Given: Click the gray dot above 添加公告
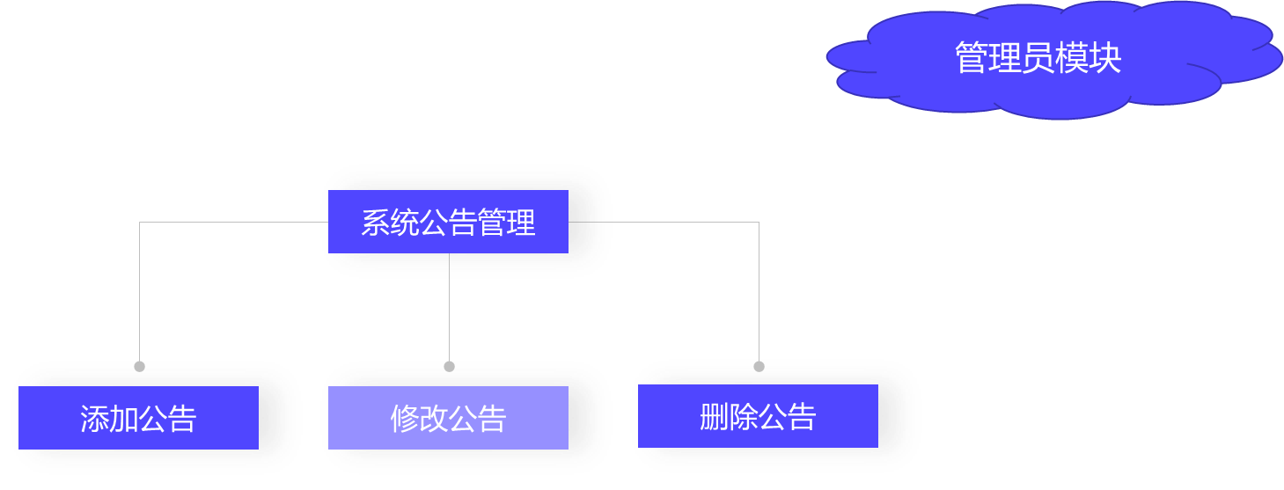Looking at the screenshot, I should coord(139,366).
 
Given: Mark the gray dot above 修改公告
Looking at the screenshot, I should coord(449,366).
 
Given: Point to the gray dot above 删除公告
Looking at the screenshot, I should coord(759,366).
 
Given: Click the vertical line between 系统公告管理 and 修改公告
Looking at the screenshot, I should coord(449,308).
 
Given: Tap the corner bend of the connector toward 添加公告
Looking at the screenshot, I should coord(139,223).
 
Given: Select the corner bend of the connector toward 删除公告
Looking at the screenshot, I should coord(759,223).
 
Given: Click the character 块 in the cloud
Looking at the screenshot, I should coord(1105,58).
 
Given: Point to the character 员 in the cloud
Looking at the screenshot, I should coord(1038,58).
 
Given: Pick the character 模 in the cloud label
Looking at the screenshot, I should coord(1072,58).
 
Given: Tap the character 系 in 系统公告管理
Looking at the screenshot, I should coord(376,223).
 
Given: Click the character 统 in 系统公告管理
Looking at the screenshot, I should coord(405,223).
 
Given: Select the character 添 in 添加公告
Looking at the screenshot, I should coord(95,419).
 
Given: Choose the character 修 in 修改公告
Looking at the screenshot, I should coord(405,419).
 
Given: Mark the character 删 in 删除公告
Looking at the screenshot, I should coord(715,417).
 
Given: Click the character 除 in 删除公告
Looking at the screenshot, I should coord(744,417).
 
